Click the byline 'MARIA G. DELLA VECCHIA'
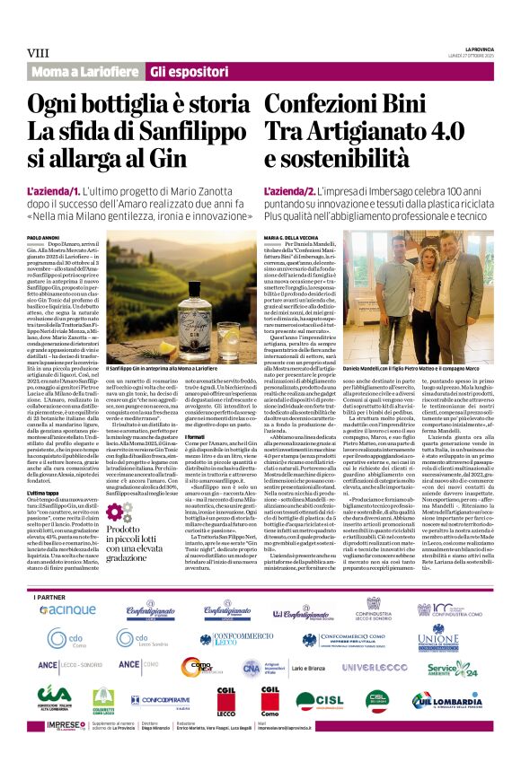[x=296, y=237]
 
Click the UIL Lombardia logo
[x=447, y=700]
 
